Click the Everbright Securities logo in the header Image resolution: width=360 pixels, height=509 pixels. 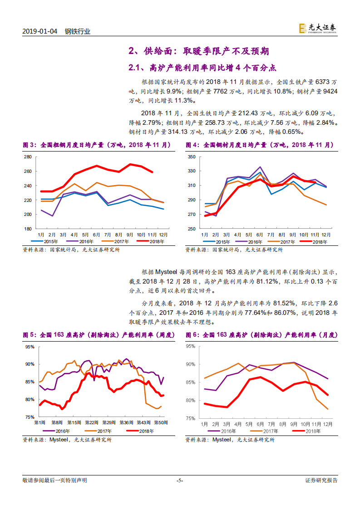coord(317,29)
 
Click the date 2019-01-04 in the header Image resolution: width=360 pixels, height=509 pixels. coord(39,31)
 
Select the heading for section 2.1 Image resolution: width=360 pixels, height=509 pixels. coord(202,68)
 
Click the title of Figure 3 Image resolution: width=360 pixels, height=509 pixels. coord(97,145)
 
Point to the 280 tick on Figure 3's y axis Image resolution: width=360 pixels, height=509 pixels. coord(27,157)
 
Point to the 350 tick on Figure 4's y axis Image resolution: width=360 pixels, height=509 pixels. coord(191,157)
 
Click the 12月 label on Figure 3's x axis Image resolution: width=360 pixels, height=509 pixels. coord(163,235)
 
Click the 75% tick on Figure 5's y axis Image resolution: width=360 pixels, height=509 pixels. coord(29,417)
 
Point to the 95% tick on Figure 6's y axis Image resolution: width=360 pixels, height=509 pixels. coord(191,346)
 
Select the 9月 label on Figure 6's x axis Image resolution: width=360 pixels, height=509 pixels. coord(294,424)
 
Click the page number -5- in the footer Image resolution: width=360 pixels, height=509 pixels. coord(180,480)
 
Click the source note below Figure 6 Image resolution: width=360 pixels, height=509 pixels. coord(230,440)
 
